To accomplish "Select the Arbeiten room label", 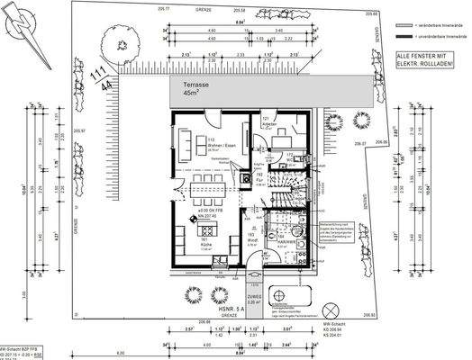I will (268, 121).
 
